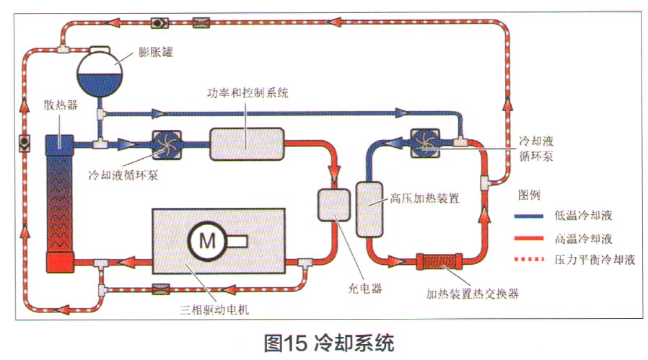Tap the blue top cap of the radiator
61,143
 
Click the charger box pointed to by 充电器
333,206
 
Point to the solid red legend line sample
530,237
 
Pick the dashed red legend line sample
530,259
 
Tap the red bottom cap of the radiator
61,262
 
